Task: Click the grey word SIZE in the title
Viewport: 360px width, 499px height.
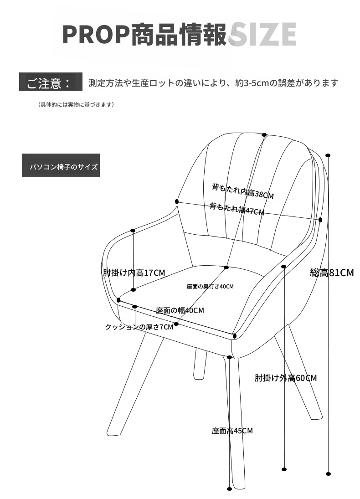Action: click(x=263, y=34)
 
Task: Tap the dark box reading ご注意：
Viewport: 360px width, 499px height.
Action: click(x=51, y=82)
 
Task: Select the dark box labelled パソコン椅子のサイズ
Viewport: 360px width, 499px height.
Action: click(x=61, y=165)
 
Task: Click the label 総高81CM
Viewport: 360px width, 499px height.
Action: click(x=332, y=273)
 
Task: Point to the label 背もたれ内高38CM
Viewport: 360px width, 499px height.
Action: click(x=243, y=191)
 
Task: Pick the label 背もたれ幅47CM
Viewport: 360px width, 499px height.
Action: click(x=237, y=209)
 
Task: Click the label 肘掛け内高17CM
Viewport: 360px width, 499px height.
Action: click(x=134, y=273)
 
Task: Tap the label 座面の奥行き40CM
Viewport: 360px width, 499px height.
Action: click(x=210, y=287)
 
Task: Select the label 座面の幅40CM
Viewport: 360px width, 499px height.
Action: click(x=180, y=310)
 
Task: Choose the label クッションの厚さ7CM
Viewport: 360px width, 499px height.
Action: click(x=139, y=327)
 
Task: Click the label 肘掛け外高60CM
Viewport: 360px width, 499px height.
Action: click(x=286, y=378)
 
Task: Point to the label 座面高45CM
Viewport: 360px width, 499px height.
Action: click(x=232, y=431)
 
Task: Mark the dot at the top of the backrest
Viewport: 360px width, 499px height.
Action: click(x=264, y=135)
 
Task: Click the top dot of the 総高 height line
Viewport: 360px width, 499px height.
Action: click(x=328, y=155)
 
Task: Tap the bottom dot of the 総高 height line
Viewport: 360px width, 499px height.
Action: click(x=329, y=474)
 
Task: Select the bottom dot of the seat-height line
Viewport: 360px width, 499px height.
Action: click(x=229, y=489)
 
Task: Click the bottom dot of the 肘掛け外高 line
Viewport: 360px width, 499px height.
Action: click(x=284, y=469)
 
